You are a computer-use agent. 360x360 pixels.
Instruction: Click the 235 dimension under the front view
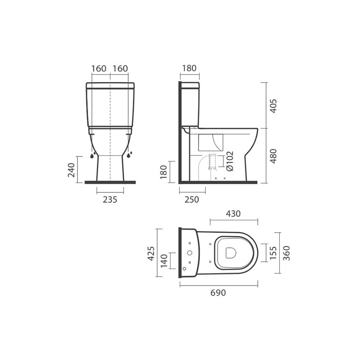[110, 199]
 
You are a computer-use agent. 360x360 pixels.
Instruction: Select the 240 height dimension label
[72, 170]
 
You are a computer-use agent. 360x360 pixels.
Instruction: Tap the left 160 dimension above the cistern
[99, 68]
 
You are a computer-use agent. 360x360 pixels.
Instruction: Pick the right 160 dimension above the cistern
[120, 68]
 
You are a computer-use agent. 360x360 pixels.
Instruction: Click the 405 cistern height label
[273, 106]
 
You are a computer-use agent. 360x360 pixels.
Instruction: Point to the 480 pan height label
[273, 156]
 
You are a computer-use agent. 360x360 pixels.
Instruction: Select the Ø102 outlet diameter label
[230, 161]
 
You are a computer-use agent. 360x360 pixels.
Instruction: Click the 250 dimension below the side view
[192, 199]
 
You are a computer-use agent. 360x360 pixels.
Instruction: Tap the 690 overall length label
[218, 293]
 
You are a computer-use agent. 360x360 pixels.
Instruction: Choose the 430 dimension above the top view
[233, 214]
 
